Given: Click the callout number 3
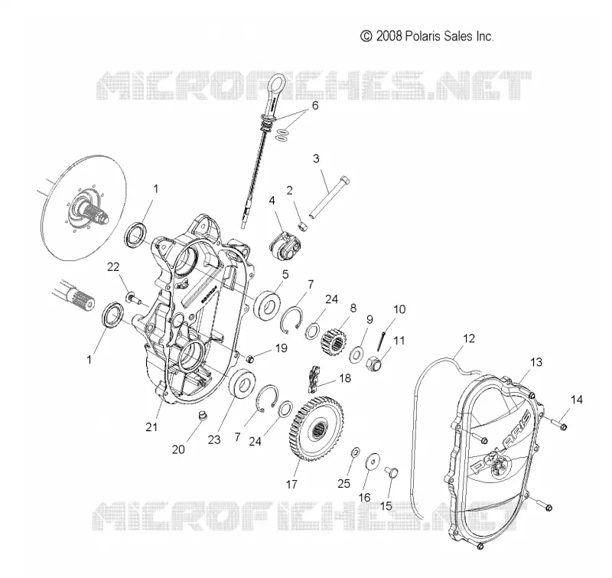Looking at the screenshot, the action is click(316, 158).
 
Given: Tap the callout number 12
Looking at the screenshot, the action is click(469, 338).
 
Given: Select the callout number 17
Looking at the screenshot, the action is click(291, 485).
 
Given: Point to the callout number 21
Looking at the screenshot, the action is click(151, 427).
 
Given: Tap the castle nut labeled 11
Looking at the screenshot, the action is click(374, 364).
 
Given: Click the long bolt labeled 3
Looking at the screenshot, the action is click(330, 198).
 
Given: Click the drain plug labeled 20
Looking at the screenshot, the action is click(202, 415).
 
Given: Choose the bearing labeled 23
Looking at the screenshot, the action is click(243, 384).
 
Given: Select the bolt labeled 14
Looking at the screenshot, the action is click(559, 423).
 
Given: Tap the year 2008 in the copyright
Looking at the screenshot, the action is click(389, 36).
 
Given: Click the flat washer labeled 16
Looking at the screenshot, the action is click(373, 462).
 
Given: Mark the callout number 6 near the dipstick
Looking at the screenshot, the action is click(314, 106).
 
